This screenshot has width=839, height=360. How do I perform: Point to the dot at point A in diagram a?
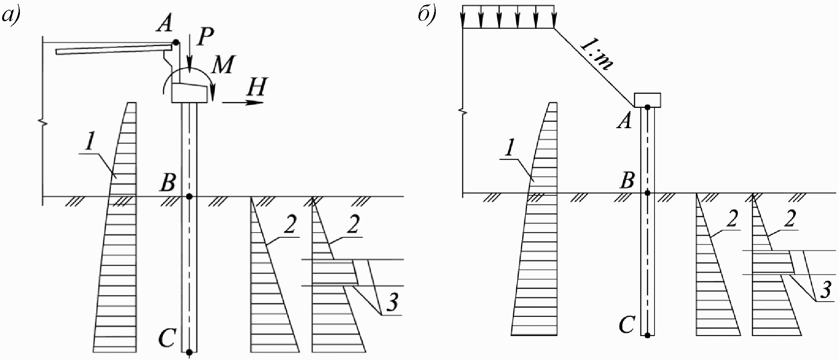[175, 42]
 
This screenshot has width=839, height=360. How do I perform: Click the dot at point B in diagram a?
[190, 196]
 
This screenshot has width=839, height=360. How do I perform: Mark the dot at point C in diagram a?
[190, 352]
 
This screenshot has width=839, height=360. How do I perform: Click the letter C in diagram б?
[627, 325]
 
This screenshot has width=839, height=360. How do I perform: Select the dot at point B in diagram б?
[647, 193]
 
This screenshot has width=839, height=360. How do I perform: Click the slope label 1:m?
[596, 54]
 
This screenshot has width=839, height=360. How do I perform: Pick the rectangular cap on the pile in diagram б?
[647, 100]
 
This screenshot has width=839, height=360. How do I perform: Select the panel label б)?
[427, 16]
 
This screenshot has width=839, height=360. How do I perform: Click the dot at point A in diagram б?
[647, 108]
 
